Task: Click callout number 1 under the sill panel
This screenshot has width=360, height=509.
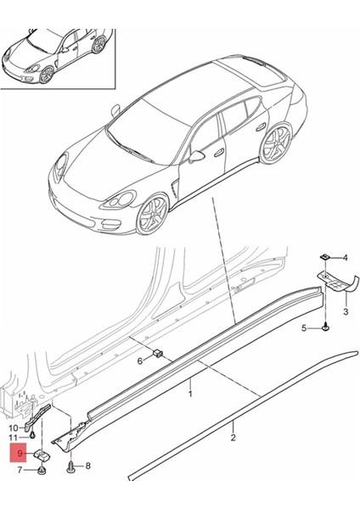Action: pos(191,394)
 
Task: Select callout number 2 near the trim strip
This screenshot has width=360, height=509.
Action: pos(233,438)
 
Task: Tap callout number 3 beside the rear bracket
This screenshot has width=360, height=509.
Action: pos(346,312)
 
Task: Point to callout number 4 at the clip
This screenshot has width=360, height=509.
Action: pos(345,257)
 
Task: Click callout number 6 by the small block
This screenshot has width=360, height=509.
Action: pos(140,361)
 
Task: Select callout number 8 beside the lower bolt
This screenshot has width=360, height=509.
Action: pos(87,466)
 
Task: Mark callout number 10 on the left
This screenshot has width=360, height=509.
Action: pos(13,428)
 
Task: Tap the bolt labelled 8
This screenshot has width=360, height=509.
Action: pos(70,465)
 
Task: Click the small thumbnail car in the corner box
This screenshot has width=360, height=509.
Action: pos(58,53)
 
